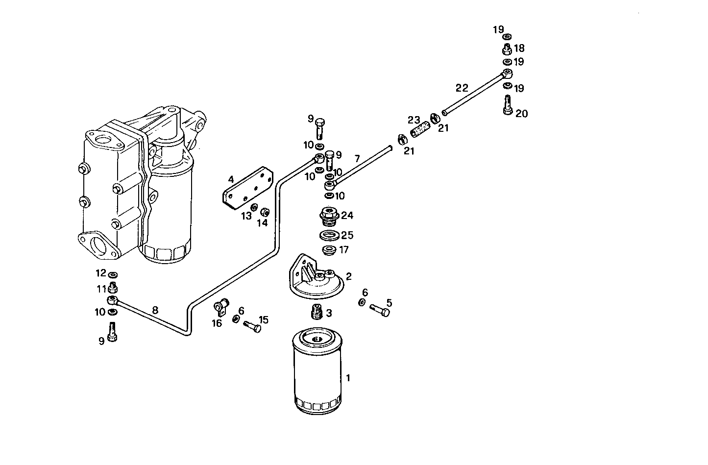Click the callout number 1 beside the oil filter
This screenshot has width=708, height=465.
tap(348, 378)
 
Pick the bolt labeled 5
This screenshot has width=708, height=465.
tap(380, 310)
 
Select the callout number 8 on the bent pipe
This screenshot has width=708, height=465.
tap(155, 310)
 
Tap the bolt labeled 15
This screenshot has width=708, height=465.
tap(252, 326)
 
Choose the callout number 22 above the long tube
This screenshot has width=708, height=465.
tap(462, 88)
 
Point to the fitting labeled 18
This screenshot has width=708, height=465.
tap(507, 49)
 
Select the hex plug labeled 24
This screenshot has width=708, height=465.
tap(329, 216)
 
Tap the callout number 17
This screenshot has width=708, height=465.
tap(344, 250)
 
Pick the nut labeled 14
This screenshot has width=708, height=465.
tap(266, 212)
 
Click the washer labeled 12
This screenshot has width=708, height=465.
tap(112, 273)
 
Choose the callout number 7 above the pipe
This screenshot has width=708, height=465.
tap(357, 158)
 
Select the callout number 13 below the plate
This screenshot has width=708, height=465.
tap(246, 217)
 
